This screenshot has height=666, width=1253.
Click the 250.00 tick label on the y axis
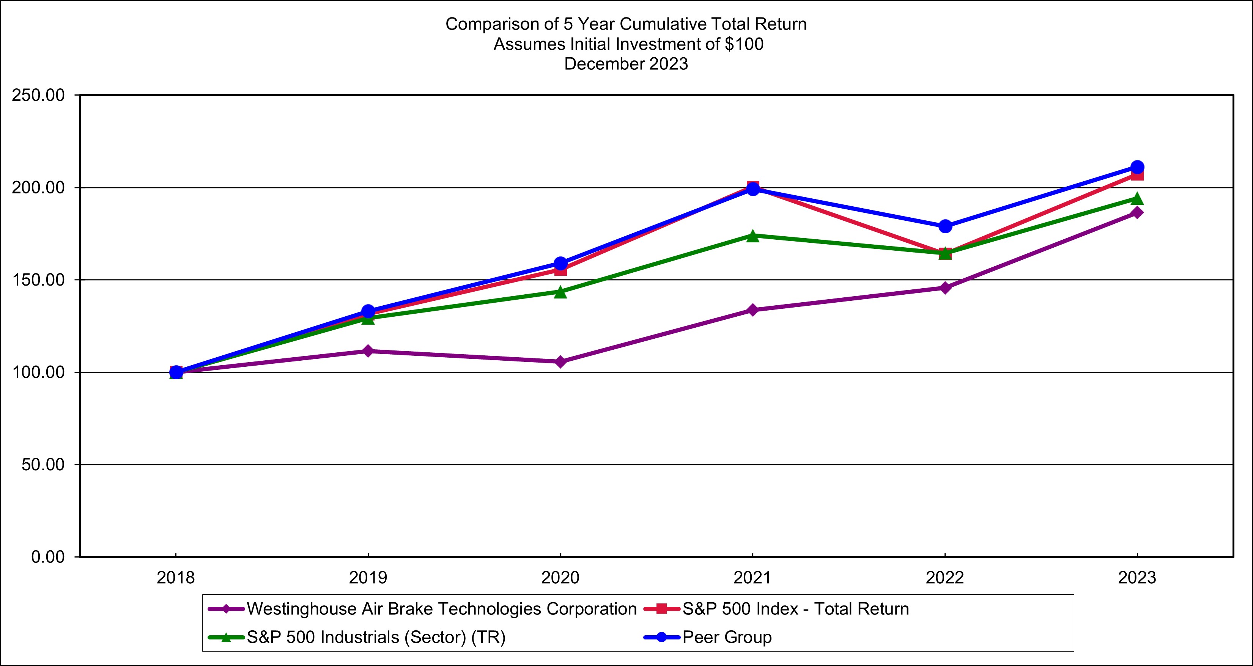pos(38,95)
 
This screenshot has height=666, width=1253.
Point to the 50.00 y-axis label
pos(43,465)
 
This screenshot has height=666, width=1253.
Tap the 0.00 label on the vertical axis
pos(48,557)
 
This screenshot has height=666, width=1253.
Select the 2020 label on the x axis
pos(560,578)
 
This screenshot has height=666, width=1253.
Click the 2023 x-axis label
pos(1137,578)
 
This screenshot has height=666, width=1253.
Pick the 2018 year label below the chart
pos(176,578)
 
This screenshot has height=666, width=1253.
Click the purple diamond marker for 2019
pos(368,351)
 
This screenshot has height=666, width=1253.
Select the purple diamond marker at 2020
pos(560,362)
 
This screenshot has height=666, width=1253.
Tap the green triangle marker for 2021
pos(752,236)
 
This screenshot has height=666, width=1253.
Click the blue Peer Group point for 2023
pos(1137,167)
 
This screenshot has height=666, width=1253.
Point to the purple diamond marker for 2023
pos(1137,212)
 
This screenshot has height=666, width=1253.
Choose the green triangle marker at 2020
pos(560,292)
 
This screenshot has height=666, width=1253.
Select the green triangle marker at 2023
pos(1137,198)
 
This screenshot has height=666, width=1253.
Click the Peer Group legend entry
pos(727,637)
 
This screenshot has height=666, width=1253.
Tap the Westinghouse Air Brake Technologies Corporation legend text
pos(442,609)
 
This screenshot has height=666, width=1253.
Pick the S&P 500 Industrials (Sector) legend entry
pos(376,637)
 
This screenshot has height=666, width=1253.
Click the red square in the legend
pos(661,609)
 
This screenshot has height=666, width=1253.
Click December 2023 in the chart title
pos(626,64)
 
